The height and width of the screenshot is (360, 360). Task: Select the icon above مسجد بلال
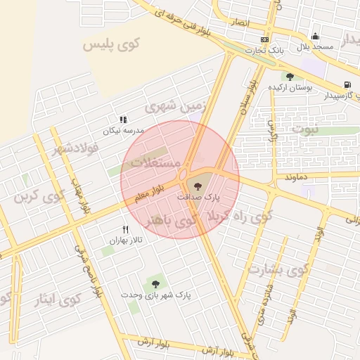coord(314,37)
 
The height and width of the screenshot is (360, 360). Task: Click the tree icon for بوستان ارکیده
coord(289,77)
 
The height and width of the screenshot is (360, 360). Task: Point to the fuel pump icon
coord(347,86)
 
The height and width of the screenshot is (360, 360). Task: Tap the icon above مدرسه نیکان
coord(123,120)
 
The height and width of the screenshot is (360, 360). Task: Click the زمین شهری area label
coord(178,105)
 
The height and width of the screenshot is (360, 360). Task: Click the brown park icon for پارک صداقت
coord(196,186)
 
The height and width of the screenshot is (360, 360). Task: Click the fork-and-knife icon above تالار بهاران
coord(126,229)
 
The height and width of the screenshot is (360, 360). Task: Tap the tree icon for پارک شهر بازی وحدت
coord(155,284)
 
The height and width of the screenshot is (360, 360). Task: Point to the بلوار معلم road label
coord(149,193)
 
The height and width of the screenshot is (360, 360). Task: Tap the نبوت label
coord(304,129)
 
